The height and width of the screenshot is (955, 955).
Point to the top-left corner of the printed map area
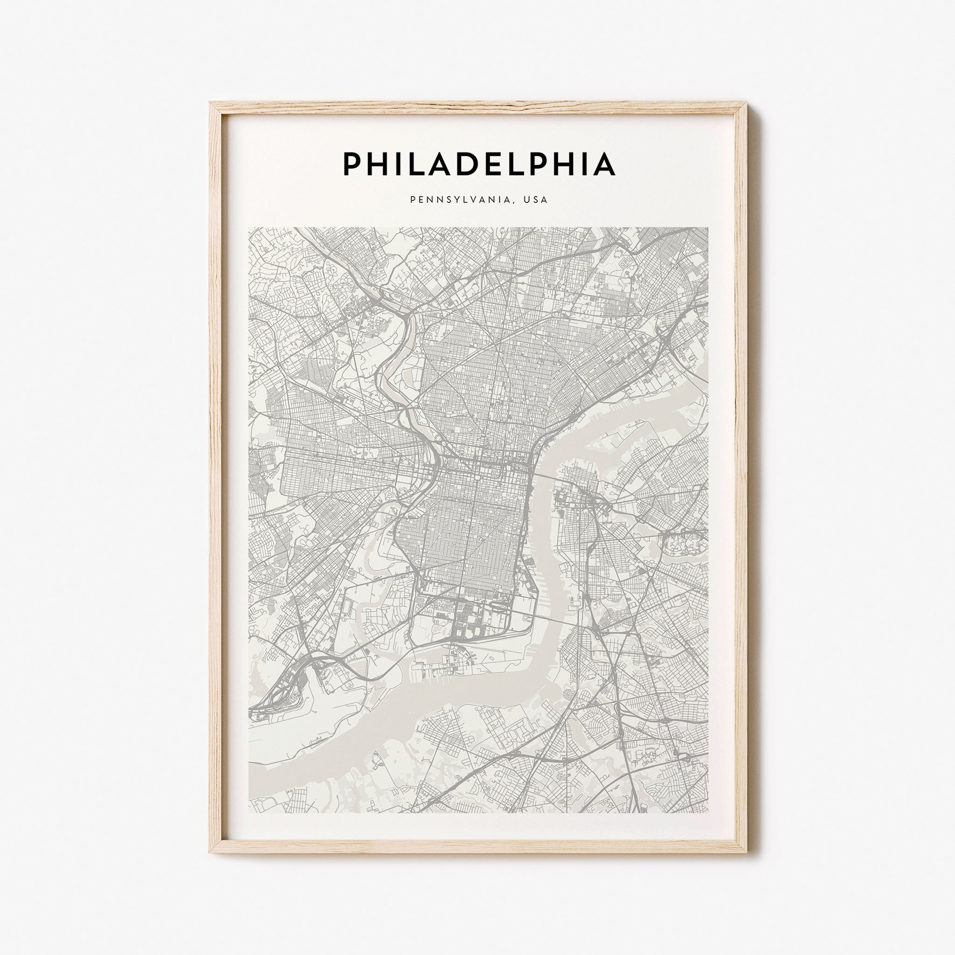click(x=249, y=228)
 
